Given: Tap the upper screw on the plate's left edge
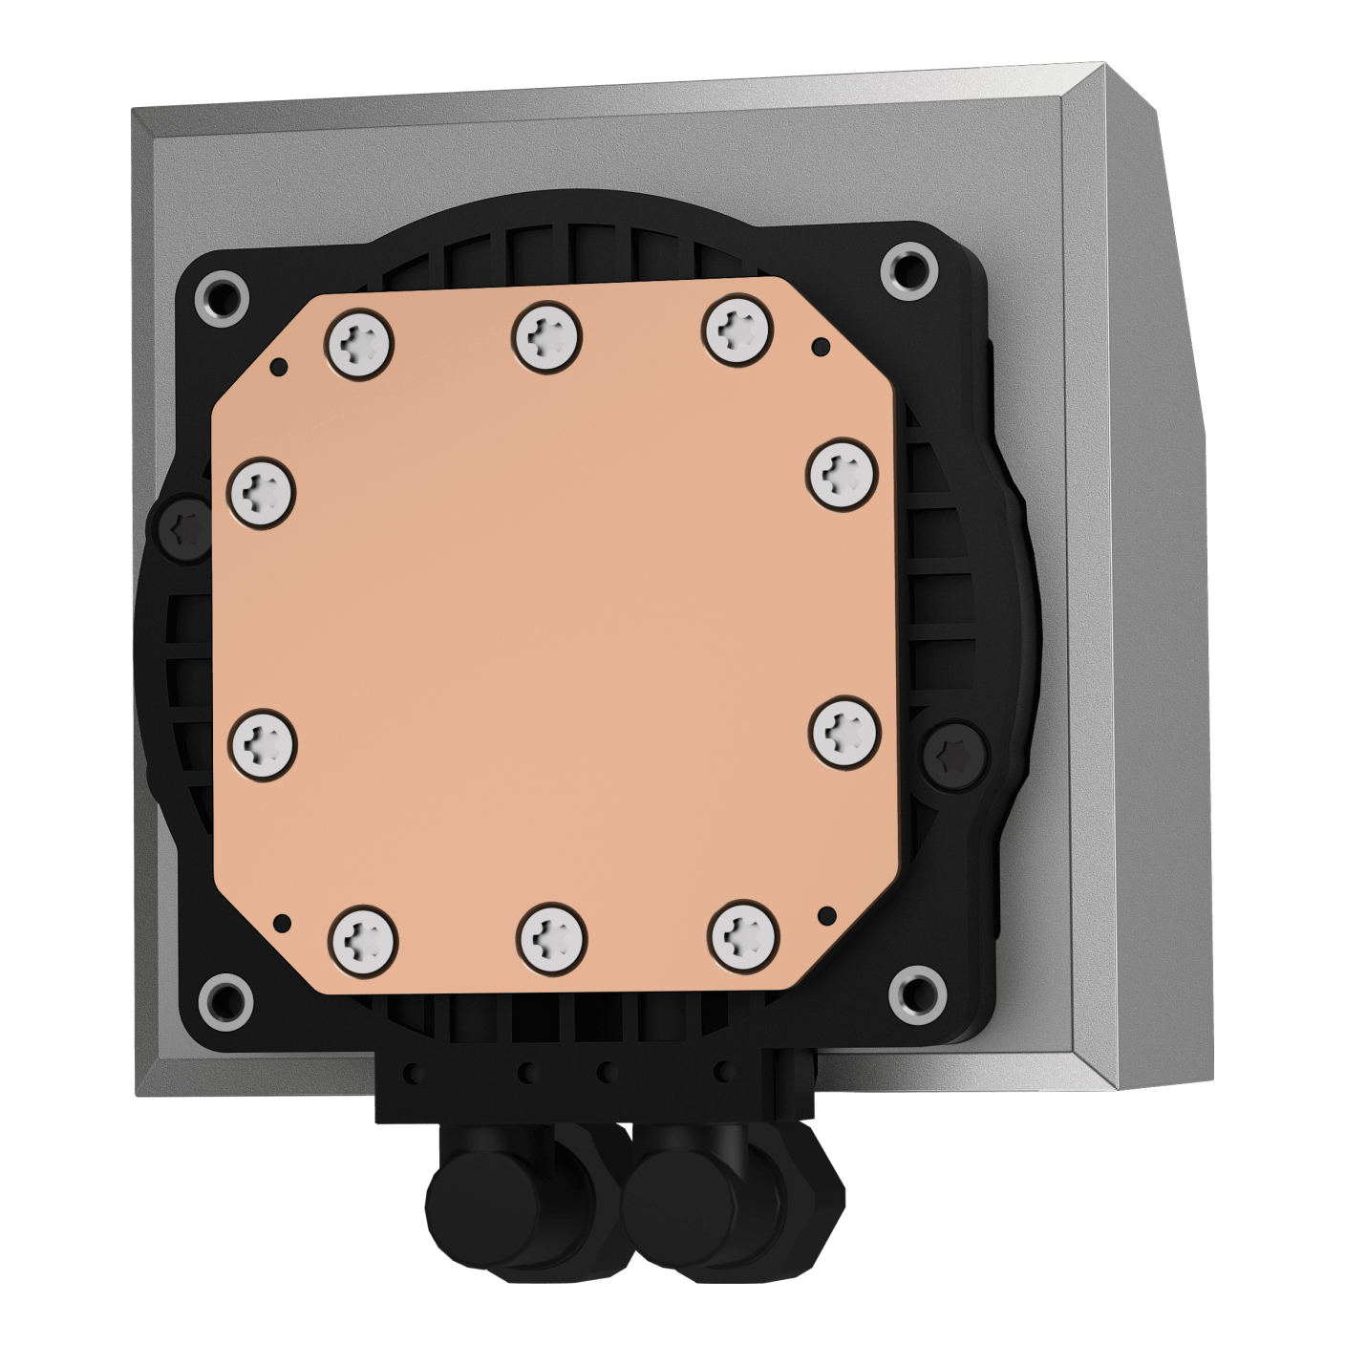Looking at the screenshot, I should point(263,491).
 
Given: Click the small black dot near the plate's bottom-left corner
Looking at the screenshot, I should point(282,922).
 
